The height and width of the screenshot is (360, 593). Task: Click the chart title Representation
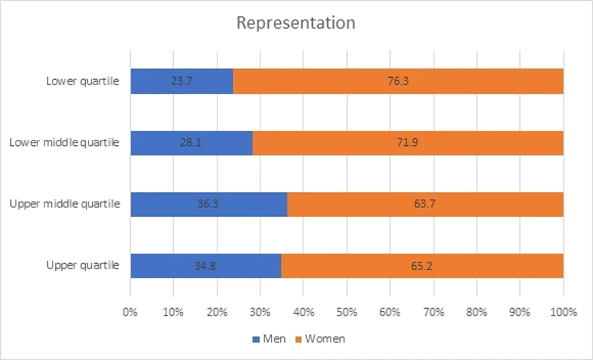[296, 22]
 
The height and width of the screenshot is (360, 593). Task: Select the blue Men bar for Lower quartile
[181, 81]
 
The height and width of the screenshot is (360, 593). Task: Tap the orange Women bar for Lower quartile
[398, 81]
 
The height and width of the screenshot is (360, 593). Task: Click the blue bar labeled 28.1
[191, 142]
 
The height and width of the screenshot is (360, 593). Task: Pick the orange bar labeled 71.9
[408, 142]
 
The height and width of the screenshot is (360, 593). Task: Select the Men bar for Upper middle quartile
[209, 204]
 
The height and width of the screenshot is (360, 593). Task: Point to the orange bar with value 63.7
[425, 204]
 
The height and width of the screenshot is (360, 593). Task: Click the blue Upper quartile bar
[205, 265]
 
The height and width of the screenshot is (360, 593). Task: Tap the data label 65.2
[422, 265]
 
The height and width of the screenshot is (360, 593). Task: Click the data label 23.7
[181, 81]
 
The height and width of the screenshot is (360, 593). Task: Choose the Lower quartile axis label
[83, 81]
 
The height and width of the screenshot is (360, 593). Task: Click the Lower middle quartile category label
[65, 142]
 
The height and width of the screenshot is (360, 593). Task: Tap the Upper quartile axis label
[83, 265]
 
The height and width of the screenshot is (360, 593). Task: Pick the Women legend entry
[320, 339]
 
